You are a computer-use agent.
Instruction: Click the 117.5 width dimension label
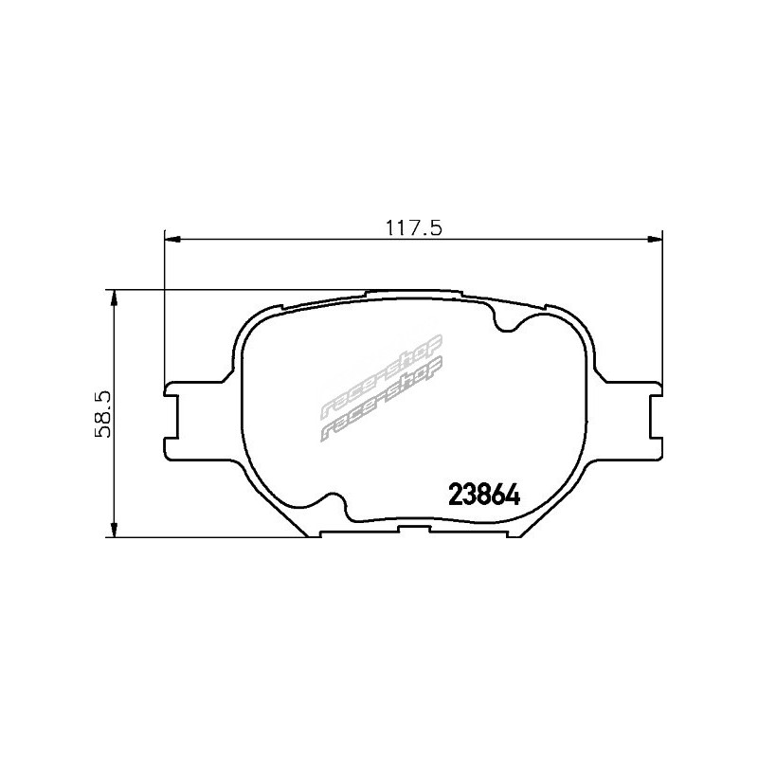tap(413, 227)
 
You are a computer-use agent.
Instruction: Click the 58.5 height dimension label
tap(103, 414)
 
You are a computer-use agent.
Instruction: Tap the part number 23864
tap(484, 495)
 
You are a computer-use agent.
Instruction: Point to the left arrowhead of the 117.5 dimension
tap(172, 239)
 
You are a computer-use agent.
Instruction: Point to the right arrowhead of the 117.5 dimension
tap(655, 239)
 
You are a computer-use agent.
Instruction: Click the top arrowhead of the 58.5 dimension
tap(114, 298)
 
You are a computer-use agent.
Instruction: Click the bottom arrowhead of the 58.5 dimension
tap(114, 530)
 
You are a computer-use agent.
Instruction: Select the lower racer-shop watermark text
tap(382, 400)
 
